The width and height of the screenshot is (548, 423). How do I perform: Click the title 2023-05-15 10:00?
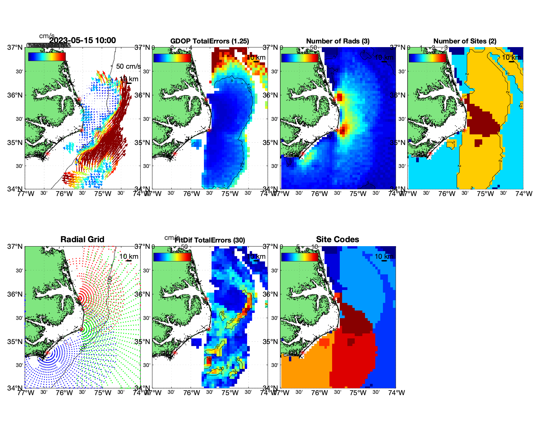coord(82,40)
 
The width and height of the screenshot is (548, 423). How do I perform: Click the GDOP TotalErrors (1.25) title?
coord(210,41)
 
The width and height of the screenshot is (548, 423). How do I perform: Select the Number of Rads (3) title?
coord(338,41)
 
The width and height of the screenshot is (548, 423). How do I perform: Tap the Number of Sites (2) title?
coord(465,41)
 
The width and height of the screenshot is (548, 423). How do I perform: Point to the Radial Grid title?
coord(82,240)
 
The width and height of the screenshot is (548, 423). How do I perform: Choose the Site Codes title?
coord(337,240)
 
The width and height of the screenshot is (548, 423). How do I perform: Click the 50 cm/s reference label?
coord(128,66)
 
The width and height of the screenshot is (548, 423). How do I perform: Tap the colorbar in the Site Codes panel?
coord(300,257)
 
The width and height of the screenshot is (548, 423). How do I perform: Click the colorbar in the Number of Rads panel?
coord(300,58)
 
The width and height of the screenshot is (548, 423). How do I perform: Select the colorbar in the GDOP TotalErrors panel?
coord(172,58)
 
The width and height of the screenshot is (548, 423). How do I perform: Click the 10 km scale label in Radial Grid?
coord(129,256)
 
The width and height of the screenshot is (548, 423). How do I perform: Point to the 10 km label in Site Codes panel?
coord(384,256)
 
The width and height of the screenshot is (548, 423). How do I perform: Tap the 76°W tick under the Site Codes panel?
coord(320,393)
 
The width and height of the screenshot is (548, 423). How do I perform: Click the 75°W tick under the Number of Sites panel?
coord(485,194)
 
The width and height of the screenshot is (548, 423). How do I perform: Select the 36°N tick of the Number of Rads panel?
coord(271,95)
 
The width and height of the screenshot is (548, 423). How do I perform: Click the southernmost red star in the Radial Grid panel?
coord(47,353)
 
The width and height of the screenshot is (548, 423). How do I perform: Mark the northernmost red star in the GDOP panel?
coord(206,99)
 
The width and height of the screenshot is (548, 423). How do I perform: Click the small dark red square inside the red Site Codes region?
coord(351,342)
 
